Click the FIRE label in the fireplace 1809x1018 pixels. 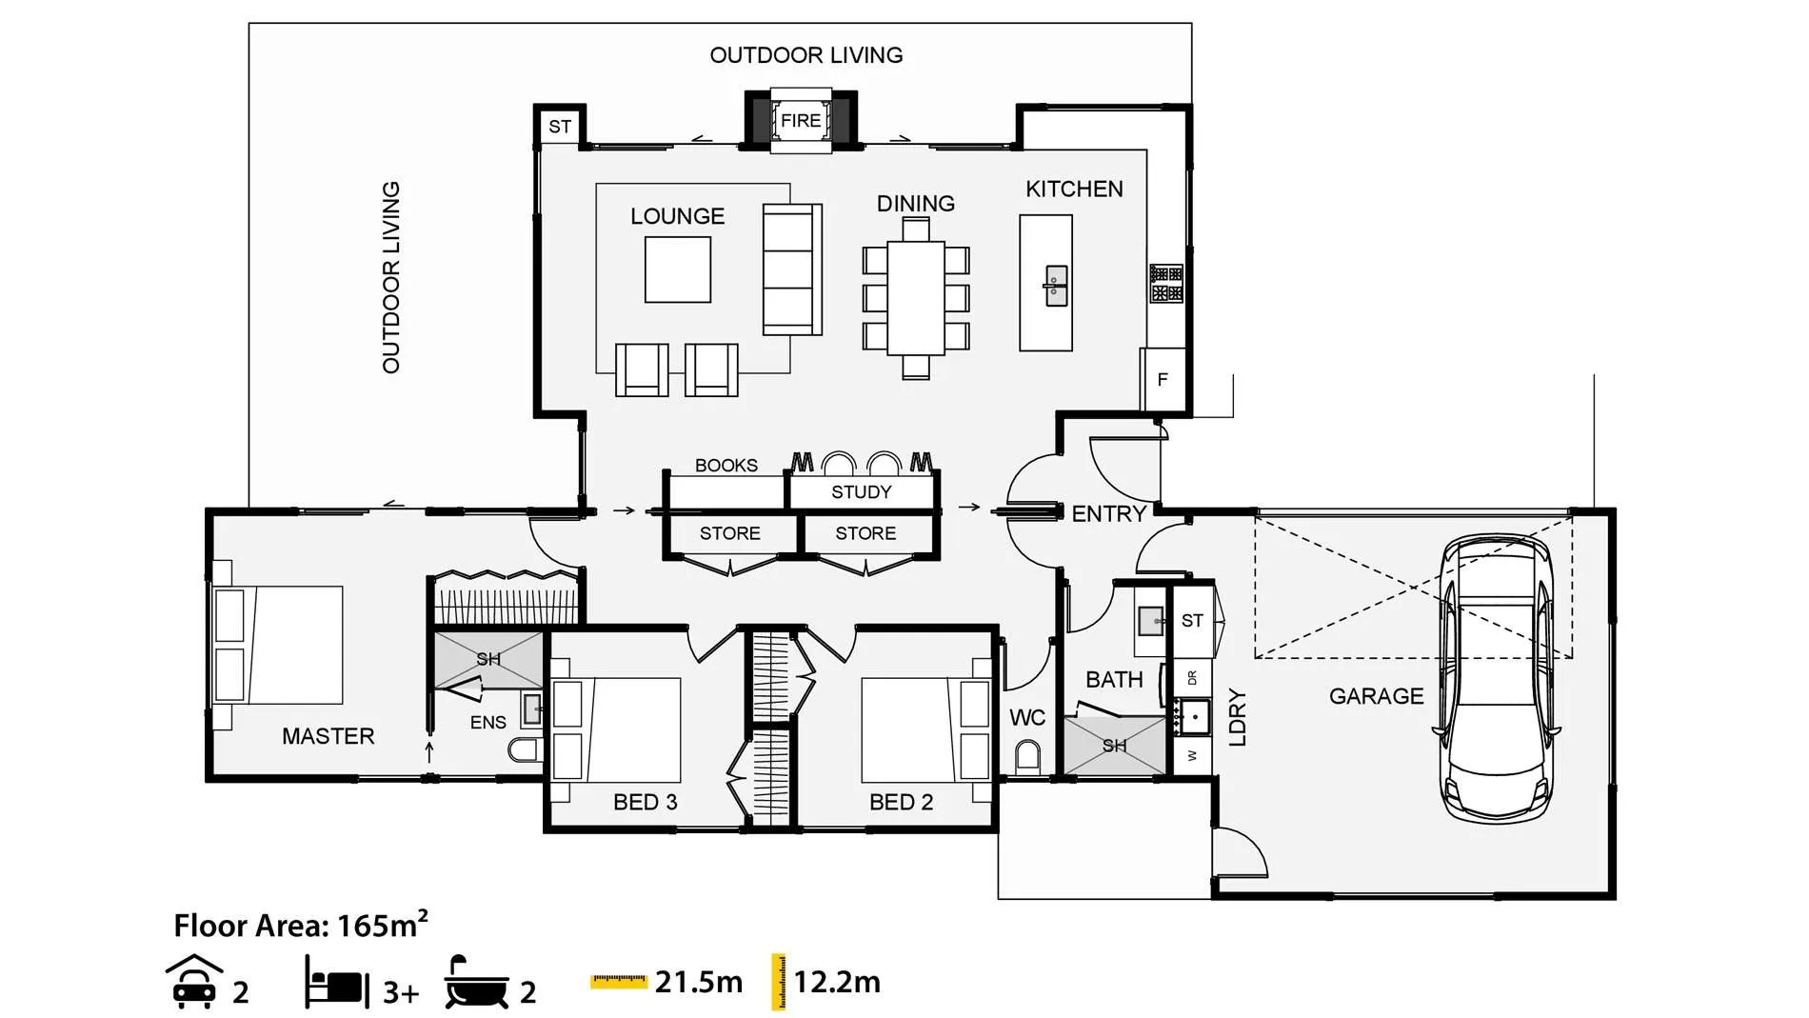point(801,121)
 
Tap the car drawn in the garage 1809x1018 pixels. point(1498,677)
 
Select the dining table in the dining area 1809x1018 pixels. point(916,298)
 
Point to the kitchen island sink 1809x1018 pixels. point(1056,286)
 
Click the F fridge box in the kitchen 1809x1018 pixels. point(1163,380)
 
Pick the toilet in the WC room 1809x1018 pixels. point(1027,758)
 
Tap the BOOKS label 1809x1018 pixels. point(726,466)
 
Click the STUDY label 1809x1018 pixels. point(862,492)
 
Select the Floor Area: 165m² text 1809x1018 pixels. point(301,925)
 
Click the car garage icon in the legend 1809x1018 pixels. point(194,982)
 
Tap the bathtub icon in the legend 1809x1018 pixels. point(476,982)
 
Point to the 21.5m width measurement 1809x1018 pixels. point(699,982)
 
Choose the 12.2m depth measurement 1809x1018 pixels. point(837,982)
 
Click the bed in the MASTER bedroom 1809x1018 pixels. point(277,645)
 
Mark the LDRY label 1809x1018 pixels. point(1238,717)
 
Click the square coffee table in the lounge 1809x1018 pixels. point(678,269)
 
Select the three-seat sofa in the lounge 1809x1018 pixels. point(792,269)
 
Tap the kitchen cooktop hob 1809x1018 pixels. point(1166,284)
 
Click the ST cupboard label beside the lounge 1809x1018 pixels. point(560,127)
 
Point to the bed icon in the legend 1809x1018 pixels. point(337,983)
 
